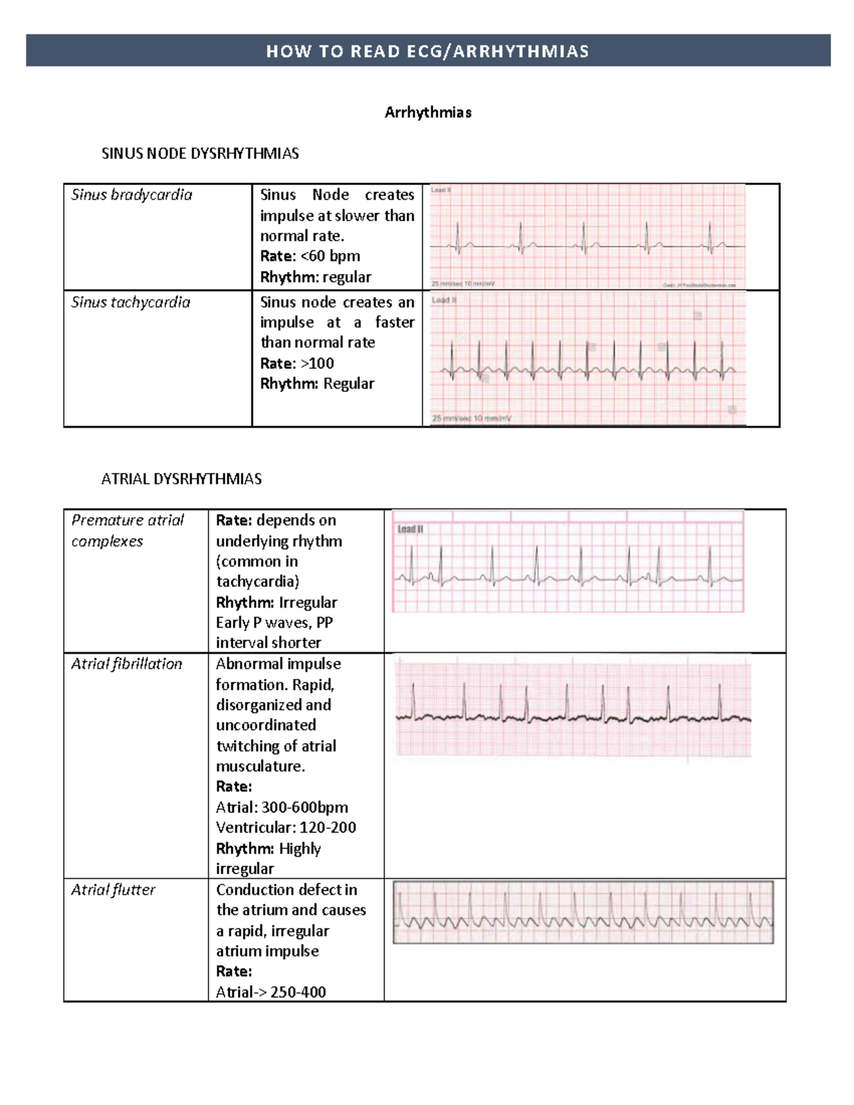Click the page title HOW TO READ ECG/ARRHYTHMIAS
(x=428, y=51)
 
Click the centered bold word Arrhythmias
(x=428, y=112)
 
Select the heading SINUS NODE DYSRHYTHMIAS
(x=200, y=154)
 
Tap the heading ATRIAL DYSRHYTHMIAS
(x=181, y=479)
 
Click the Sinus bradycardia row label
(x=132, y=195)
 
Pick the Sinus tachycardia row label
(x=131, y=302)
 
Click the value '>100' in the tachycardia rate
(x=317, y=364)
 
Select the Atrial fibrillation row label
(x=127, y=664)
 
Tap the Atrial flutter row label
(x=113, y=890)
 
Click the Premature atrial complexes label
(x=127, y=531)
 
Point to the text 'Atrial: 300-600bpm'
(x=282, y=808)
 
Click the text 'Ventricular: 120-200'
(x=286, y=828)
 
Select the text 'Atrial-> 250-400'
(x=271, y=992)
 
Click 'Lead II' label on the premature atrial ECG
(x=410, y=529)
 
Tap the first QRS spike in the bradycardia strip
(x=458, y=237)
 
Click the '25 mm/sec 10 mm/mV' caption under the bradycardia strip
(x=463, y=284)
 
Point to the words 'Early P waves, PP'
(x=274, y=623)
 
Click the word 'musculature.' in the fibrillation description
(x=260, y=766)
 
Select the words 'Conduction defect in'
(x=287, y=890)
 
